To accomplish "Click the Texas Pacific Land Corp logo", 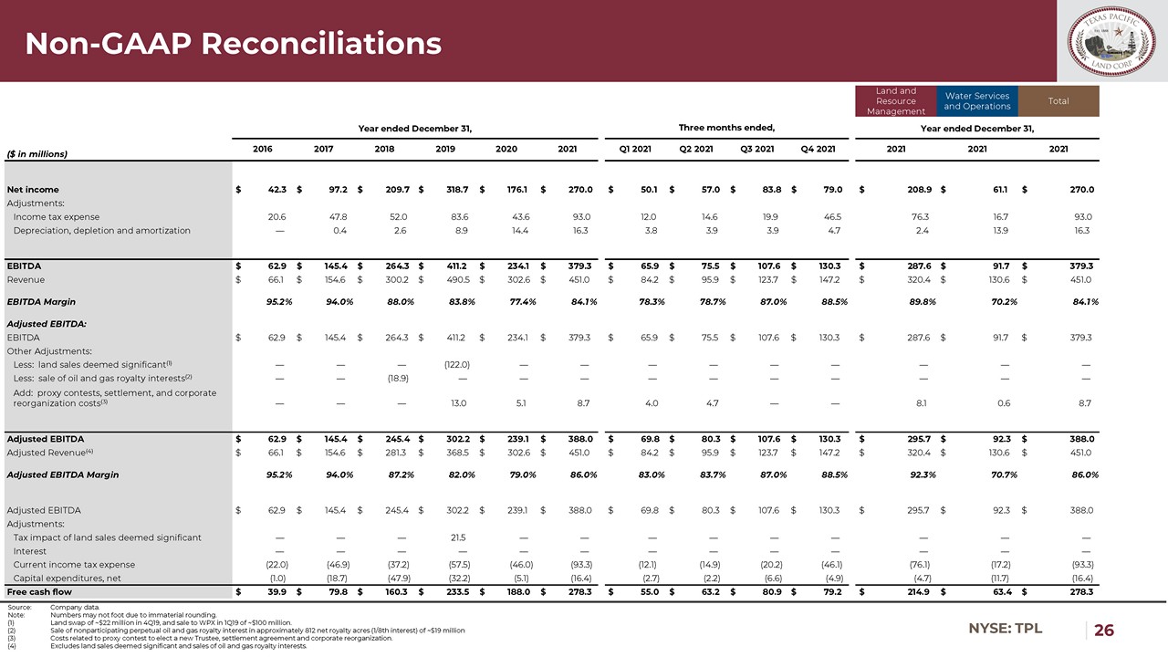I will point(1112,41).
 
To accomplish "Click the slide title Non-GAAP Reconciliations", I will point(233,43).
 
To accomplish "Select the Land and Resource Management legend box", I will point(895,101).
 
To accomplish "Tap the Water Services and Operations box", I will point(977,101).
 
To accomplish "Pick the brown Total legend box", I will point(1058,101).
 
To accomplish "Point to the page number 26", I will point(1104,631).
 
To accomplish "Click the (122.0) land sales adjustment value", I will point(456,364).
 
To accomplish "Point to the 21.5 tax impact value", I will point(459,537).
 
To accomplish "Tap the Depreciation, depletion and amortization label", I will point(102,231).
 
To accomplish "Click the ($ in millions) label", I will point(37,154).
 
